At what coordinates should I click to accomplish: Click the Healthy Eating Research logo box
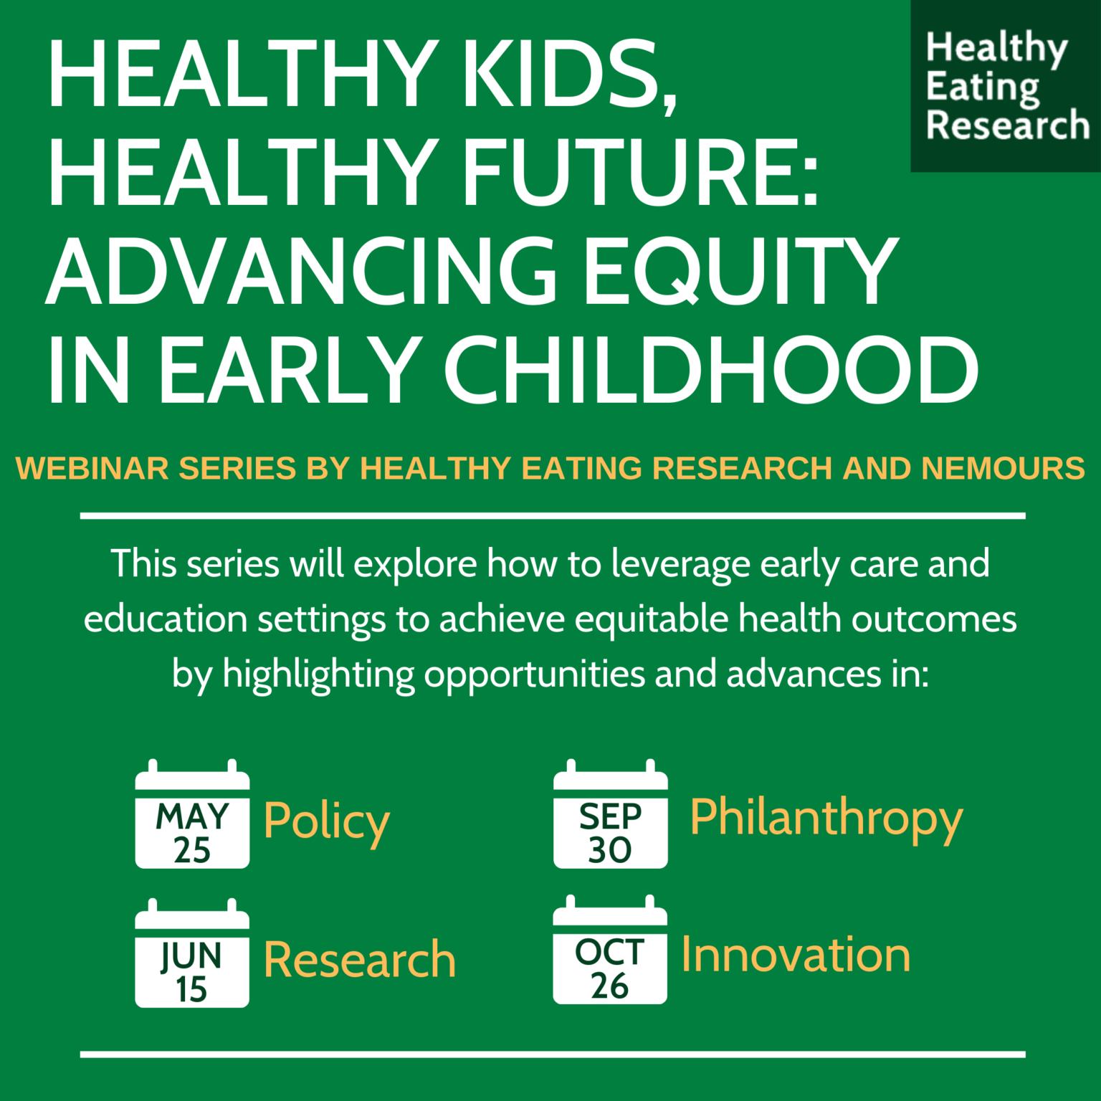click(x=1005, y=86)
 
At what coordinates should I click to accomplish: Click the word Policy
click(x=326, y=821)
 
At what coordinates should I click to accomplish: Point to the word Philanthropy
click(x=826, y=818)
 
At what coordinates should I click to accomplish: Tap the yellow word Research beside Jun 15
click(x=359, y=959)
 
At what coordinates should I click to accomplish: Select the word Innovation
click(x=796, y=955)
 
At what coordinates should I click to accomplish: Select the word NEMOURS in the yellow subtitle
click(x=1003, y=468)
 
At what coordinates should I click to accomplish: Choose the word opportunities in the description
click(x=535, y=675)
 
